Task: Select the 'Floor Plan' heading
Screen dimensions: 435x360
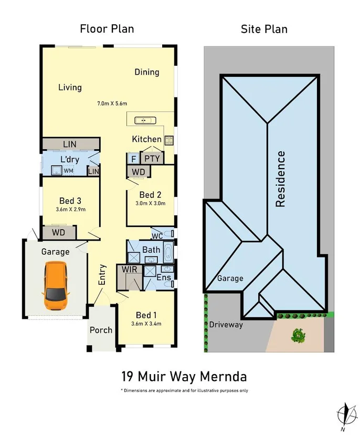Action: (x=107, y=28)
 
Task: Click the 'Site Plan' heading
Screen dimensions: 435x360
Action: (x=264, y=28)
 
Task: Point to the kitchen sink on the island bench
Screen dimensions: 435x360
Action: (x=143, y=120)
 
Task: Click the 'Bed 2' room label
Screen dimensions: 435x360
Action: (x=150, y=195)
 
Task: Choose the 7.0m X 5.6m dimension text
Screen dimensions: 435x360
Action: (x=112, y=103)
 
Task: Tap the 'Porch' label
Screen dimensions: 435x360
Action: (x=101, y=330)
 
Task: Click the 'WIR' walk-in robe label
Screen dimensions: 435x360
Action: (x=130, y=269)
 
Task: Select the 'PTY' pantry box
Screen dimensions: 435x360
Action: (x=152, y=158)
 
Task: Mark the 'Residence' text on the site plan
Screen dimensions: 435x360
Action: (x=281, y=179)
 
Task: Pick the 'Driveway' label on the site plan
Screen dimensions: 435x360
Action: (x=226, y=325)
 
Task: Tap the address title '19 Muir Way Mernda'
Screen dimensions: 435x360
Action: (x=184, y=376)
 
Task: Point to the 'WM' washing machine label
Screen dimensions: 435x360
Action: (x=68, y=170)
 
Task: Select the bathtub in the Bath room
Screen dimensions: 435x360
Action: (x=168, y=253)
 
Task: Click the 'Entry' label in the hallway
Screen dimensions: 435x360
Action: (x=103, y=275)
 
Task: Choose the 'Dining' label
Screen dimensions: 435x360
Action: (x=146, y=72)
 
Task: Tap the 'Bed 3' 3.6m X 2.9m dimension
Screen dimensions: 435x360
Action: (x=70, y=209)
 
